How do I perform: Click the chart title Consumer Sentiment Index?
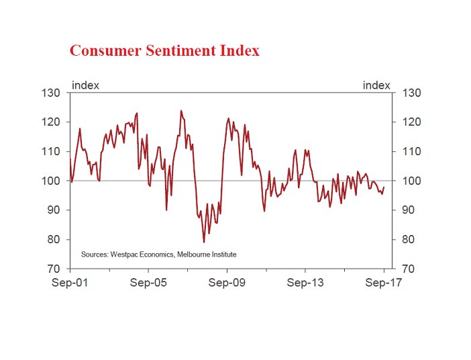coord(164,51)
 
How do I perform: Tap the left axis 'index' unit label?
coord(85,85)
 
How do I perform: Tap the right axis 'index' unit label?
coord(376,85)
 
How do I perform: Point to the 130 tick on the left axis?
coord(52,93)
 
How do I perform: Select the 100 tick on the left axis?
coord(52,181)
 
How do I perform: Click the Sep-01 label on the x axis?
coord(70,283)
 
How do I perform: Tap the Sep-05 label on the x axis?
coord(148,283)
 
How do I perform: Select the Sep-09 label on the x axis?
coord(227,283)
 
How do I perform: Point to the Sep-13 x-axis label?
coord(305,283)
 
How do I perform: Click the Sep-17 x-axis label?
coord(384,283)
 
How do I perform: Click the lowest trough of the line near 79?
coord(204,242)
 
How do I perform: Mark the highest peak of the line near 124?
coord(180,111)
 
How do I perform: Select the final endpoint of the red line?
coord(384,187)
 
